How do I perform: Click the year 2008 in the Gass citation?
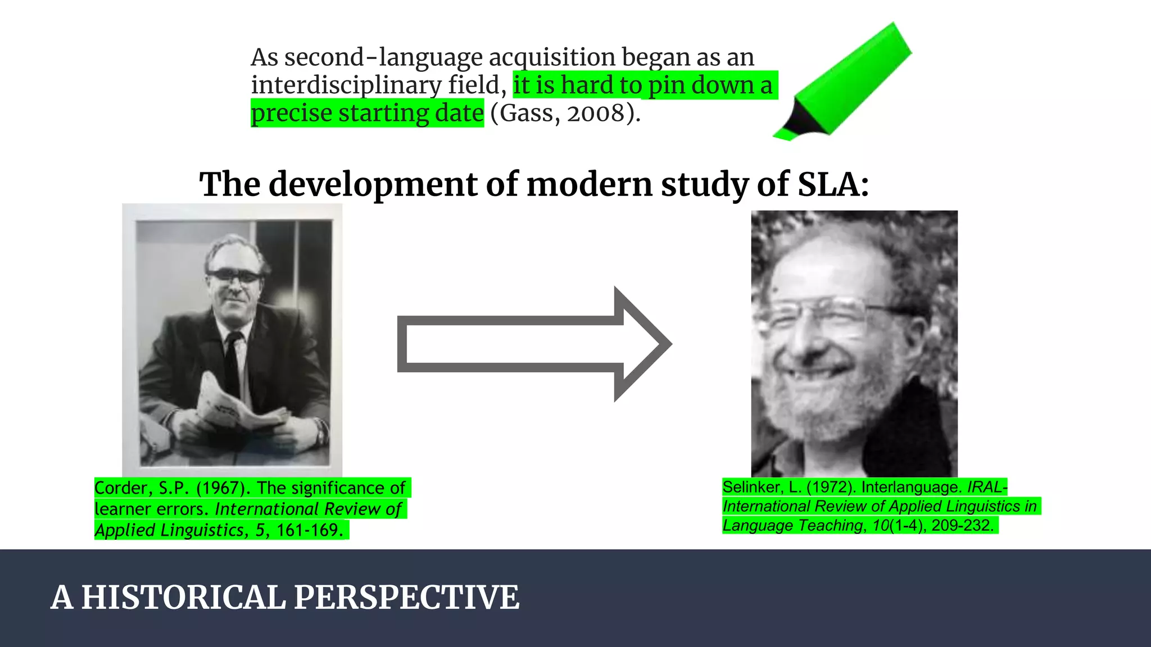coord(596,113)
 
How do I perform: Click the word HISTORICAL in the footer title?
coord(183,597)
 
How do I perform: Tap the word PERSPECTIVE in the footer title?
coord(406,597)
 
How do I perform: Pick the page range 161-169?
coord(309,530)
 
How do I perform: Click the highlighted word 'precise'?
coord(291,113)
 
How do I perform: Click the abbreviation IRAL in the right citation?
coord(987,487)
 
